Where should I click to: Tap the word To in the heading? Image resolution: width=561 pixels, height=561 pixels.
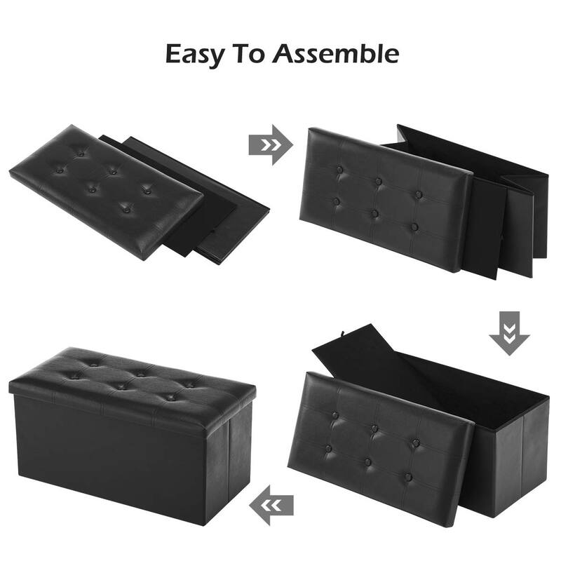click(251, 53)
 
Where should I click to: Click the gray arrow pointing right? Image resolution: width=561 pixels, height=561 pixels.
click(270, 144)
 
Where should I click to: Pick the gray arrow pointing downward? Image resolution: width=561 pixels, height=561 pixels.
click(510, 332)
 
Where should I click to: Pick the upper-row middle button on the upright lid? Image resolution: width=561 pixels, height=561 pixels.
click(378, 182)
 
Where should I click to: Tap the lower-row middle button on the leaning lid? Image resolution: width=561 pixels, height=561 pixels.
click(369, 461)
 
